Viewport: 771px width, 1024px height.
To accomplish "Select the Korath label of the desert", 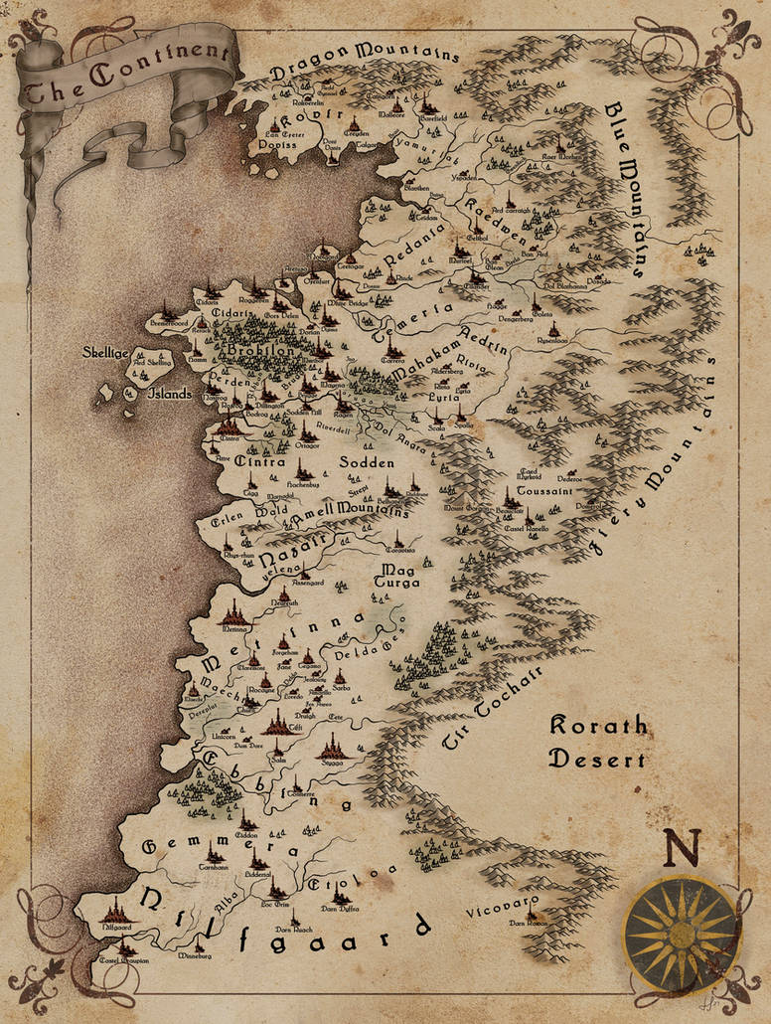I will click(598, 727).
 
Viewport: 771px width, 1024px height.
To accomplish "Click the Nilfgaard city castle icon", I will click(116, 908).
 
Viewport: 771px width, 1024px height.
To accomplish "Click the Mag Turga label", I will click(397, 574).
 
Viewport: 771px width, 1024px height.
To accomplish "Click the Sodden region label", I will click(368, 463).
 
